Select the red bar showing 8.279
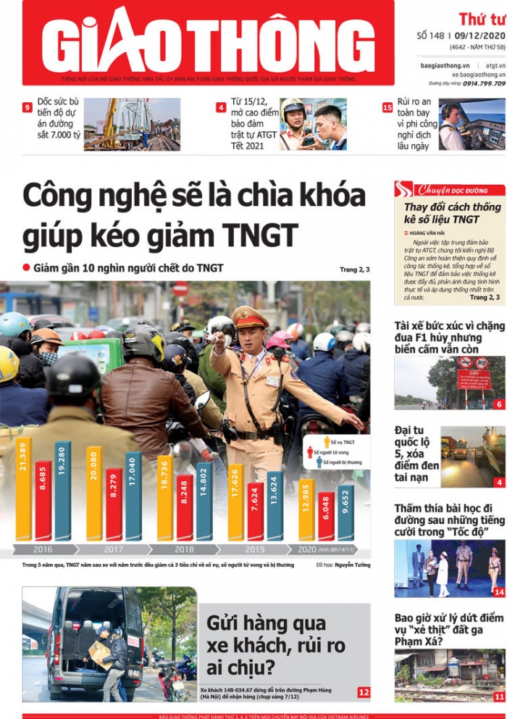click(114, 504)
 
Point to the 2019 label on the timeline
click(255, 549)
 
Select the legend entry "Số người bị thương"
click(339, 462)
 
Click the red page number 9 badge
click(28, 108)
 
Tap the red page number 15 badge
click(387, 108)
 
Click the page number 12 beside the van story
click(363, 693)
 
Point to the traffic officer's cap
click(250, 317)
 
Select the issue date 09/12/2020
click(479, 35)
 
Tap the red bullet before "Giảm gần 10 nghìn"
click(27, 267)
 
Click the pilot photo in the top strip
click(472, 124)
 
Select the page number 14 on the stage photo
click(498, 591)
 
